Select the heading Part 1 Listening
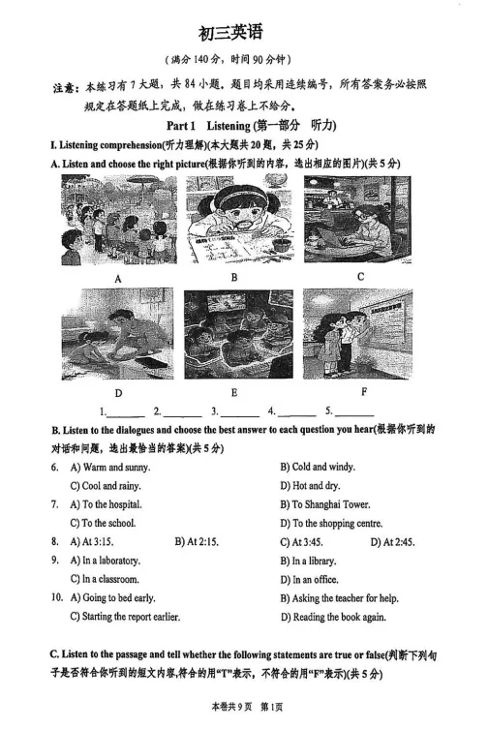[x=251, y=126]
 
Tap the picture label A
[x=119, y=278]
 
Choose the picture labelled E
[x=237, y=333]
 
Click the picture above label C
[x=356, y=219]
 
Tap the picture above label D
[x=118, y=333]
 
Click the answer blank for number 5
[x=355, y=411]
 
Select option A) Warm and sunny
[x=109, y=467]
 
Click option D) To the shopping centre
[x=331, y=524]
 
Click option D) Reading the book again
[x=332, y=617]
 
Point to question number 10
[x=57, y=598]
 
